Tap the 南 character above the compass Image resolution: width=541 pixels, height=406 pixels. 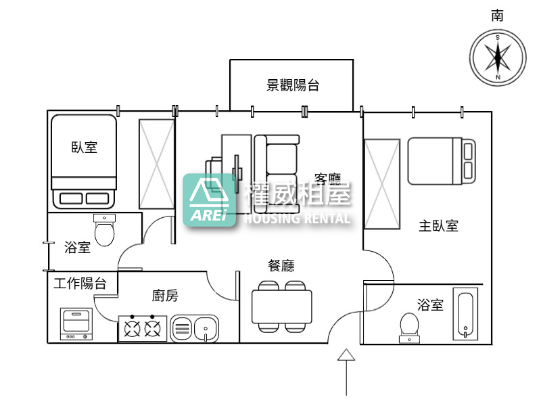pos(498,16)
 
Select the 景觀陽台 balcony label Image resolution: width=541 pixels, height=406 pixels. pos(292,85)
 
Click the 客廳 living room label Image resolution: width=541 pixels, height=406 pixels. pos(329,179)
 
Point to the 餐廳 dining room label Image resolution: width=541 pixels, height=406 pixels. pos(281,266)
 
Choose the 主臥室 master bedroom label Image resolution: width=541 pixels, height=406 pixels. pos(438,226)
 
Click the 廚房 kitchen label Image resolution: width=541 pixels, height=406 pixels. pos(166,295)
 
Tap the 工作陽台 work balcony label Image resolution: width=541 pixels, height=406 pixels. pos(80,284)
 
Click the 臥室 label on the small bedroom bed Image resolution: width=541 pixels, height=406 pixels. pos(84,147)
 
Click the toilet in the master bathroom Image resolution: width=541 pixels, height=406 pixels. pos(410,325)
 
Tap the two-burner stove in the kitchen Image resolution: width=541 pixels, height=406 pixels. pos(142,329)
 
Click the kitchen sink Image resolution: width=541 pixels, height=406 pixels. pos(195,329)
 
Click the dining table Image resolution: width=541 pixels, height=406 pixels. pos(282,307)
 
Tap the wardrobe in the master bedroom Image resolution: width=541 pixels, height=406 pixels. pos(382,183)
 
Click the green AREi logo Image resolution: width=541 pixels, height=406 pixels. pos(210,200)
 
